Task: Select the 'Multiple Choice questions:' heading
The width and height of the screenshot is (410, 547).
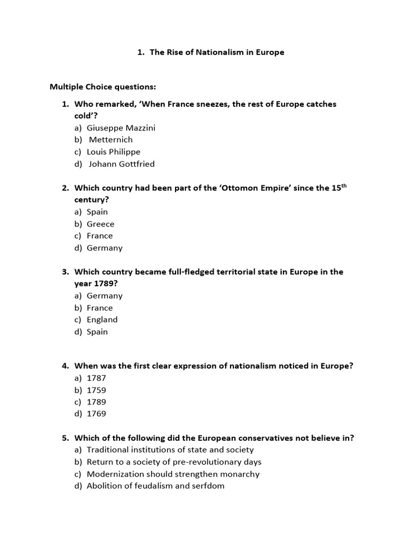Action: coord(102,87)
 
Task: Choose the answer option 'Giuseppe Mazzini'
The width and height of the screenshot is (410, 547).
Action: coord(121,128)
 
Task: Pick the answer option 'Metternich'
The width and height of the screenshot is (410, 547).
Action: coord(111,139)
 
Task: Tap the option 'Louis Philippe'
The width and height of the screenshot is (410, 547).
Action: coord(113,152)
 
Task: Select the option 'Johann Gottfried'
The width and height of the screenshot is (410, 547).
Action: coord(121,164)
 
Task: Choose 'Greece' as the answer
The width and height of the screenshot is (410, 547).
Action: coord(100,224)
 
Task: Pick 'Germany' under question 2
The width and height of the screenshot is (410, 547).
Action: coord(105,248)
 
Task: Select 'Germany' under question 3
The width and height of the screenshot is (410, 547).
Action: coord(105,295)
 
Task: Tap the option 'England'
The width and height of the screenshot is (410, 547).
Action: coord(102,319)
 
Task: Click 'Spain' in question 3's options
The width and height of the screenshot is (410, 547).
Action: coord(97,332)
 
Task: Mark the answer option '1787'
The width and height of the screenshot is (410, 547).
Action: coord(96,378)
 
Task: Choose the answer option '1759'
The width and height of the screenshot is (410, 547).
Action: coord(96,390)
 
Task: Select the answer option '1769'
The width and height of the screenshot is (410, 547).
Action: coord(96,413)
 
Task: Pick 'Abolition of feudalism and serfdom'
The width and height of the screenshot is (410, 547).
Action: coord(155,486)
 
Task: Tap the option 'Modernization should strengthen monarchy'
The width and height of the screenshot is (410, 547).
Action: coord(173,474)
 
